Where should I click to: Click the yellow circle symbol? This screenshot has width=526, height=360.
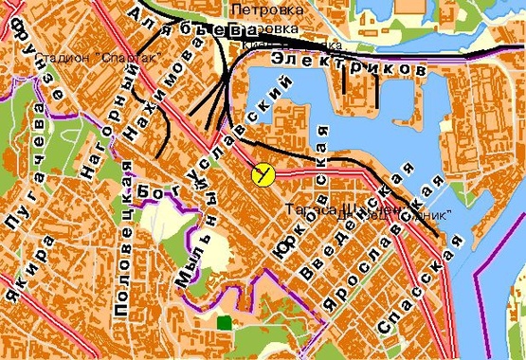click(x=263, y=173)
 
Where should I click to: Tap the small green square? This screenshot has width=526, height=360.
click(x=223, y=323)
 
